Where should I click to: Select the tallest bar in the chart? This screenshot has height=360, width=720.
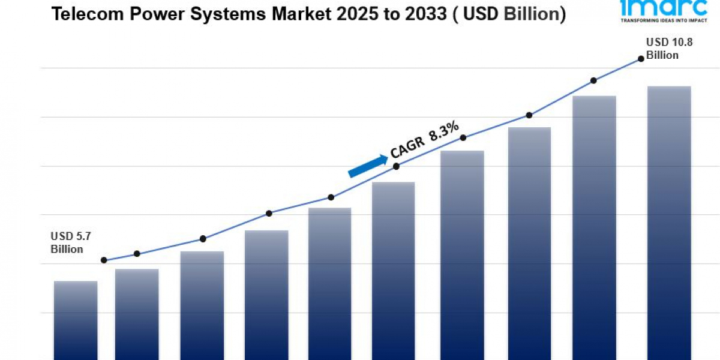(669, 223)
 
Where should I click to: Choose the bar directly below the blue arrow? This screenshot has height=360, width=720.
(393, 270)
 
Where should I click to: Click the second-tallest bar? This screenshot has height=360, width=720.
(594, 227)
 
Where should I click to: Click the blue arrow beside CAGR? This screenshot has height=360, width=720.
(368, 166)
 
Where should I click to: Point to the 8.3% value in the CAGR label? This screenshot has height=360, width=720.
(445, 131)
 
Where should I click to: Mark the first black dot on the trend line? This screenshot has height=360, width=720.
(104, 260)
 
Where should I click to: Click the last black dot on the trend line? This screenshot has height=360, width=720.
(641, 58)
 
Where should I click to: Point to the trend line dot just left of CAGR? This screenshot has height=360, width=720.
(396, 166)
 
